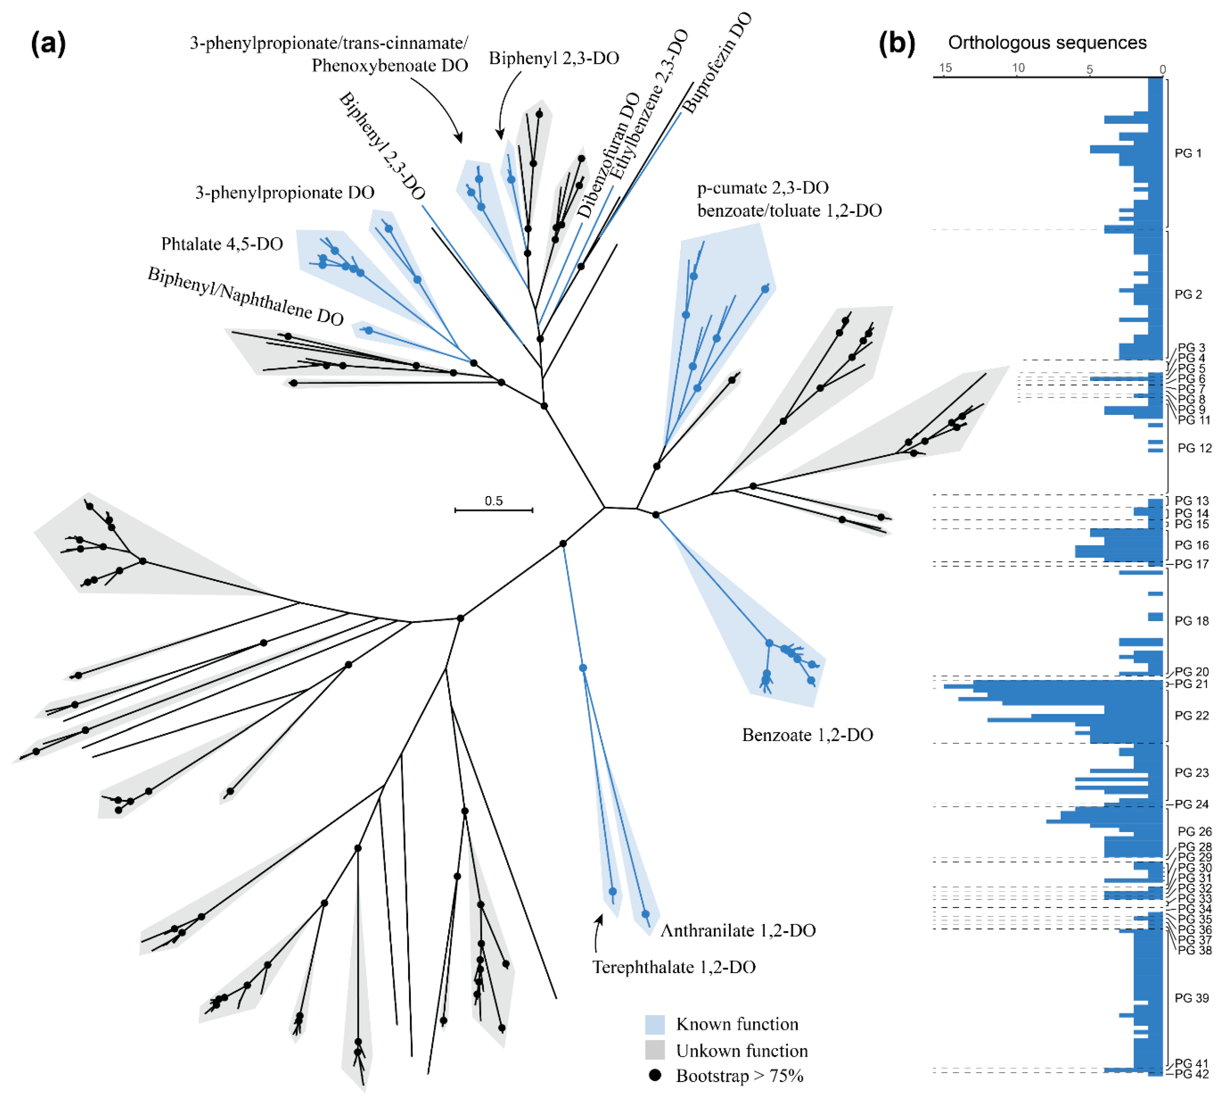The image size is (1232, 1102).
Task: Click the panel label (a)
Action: point(48,44)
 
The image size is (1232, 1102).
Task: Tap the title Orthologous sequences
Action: point(1047,43)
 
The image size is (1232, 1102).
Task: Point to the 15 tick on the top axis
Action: point(945,68)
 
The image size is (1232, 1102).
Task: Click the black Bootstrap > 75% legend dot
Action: point(655,1076)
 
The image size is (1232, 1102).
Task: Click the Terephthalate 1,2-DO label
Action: point(673,967)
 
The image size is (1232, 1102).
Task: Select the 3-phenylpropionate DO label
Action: point(285,192)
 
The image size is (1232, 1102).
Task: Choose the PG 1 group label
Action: point(1188,153)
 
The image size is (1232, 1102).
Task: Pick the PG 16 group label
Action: point(1191,545)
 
